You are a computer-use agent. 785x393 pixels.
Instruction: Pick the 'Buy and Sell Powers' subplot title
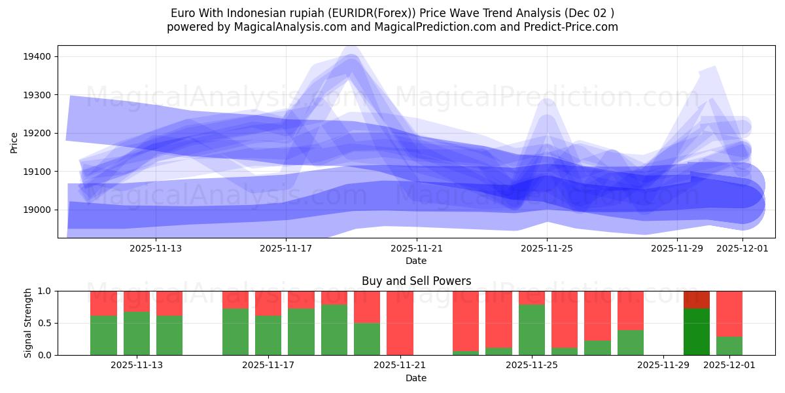click(x=416, y=281)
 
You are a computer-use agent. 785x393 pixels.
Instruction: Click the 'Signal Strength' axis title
click(x=27, y=323)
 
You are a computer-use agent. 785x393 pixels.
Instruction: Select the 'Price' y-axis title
click(x=14, y=142)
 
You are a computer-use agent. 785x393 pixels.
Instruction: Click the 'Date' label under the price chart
click(x=416, y=261)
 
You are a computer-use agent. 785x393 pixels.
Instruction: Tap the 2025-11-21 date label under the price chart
click(x=417, y=248)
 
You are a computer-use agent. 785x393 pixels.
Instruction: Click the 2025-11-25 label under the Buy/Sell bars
click(x=531, y=365)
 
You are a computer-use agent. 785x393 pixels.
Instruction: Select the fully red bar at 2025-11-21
click(x=400, y=323)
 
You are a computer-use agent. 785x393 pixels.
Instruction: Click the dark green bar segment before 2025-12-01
click(x=697, y=331)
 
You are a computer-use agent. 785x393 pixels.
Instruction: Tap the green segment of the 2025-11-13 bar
click(x=137, y=333)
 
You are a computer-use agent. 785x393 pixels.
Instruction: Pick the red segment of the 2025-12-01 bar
click(x=729, y=313)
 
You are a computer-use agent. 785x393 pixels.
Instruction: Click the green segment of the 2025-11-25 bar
click(x=531, y=329)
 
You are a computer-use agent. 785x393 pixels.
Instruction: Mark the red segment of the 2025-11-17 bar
click(x=268, y=303)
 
